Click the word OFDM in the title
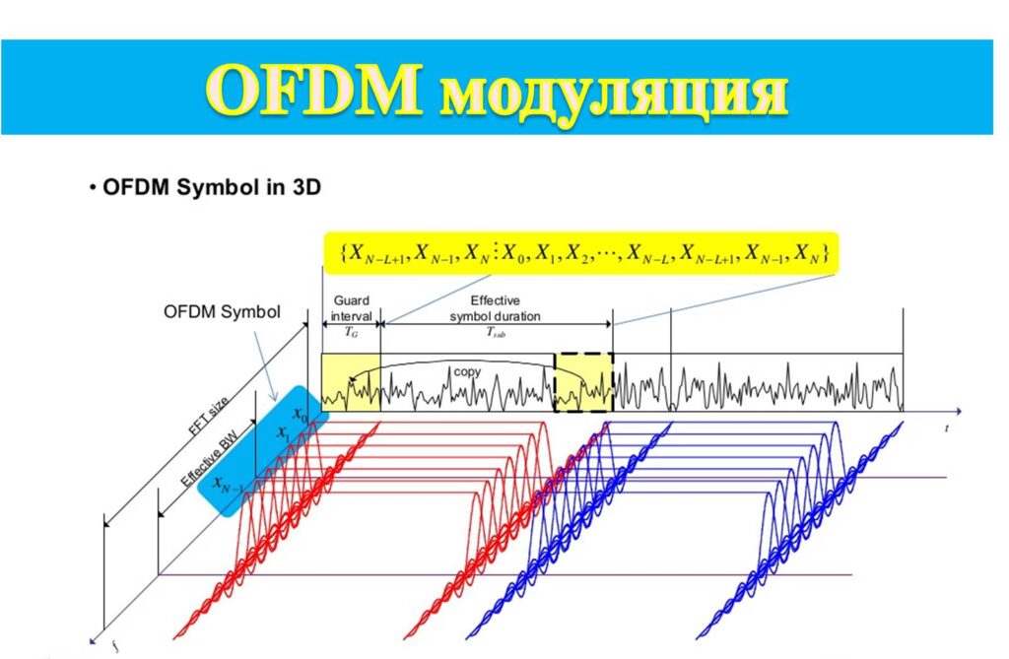coord(314,89)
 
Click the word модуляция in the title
coord(614,96)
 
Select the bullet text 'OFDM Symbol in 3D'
coord(212,187)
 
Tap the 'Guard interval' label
coord(352,308)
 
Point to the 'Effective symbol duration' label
coord(495,308)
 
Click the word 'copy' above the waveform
coord(467,371)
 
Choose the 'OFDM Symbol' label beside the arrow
coord(222,312)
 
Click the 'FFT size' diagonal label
coord(208,418)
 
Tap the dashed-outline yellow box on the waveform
coord(583,382)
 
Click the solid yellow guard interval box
coord(351,382)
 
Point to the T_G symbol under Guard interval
coord(351,332)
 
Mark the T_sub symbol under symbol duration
coord(496,332)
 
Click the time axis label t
coord(947,428)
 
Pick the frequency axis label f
coord(114,643)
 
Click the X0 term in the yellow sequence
coord(514,253)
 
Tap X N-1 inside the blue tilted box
coord(228,485)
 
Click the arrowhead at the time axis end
coord(958,411)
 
